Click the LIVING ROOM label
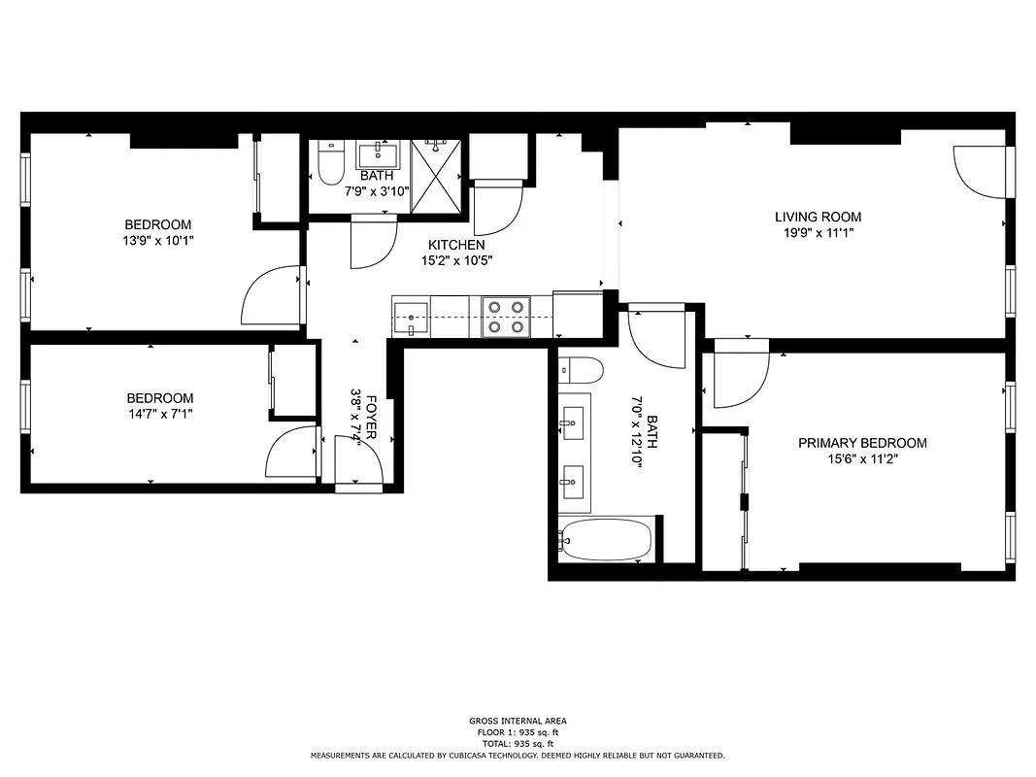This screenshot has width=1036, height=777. [x=817, y=217]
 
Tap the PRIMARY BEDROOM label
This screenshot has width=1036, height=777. [x=861, y=443]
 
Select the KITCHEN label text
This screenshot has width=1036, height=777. [x=455, y=245]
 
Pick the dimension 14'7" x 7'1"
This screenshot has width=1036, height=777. [x=159, y=414]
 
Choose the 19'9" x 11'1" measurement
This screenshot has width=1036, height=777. [x=817, y=232]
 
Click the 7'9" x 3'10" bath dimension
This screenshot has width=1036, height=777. [x=377, y=191]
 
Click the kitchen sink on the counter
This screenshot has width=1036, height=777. [x=412, y=317]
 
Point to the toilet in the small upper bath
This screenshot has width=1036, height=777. [x=330, y=164]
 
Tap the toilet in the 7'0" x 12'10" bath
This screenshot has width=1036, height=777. [x=582, y=370]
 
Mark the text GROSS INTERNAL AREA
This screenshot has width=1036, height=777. [x=518, y=721]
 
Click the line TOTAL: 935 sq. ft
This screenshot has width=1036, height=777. [x=518, y=743]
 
